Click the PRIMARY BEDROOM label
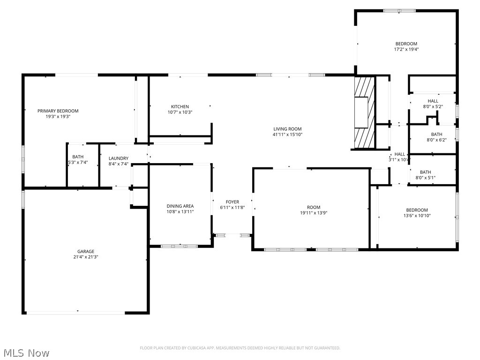tap(58, 111)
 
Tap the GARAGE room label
tap(86, 252)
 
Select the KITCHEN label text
tap(180, 107)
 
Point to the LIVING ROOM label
tap(287, 129)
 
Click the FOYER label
tap(232, 202)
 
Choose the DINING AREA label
tap(180, 206)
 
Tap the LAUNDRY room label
tap(118, 158)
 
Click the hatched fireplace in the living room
tap(364, 112)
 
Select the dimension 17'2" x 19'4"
tap(406, 49)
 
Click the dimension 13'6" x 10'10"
tap(417, 216)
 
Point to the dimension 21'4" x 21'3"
tap(86, 257)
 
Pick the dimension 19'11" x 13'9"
tap(314, 213)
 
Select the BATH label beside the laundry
tap(78, 157)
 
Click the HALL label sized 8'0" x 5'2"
tap(433, 101)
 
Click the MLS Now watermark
tap(25, 352)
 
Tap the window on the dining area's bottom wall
tap(180, 246)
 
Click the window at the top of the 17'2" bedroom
tap(399, 10)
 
